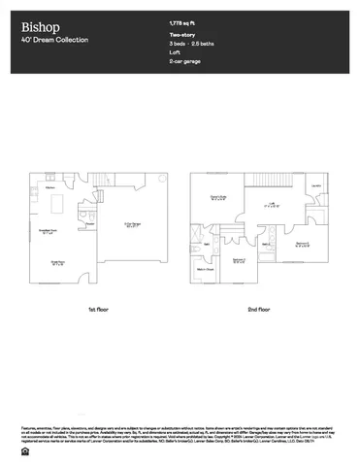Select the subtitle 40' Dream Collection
tap(54, 40)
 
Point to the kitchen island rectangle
tap(55, 204)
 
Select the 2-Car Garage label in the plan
tap(132, 224)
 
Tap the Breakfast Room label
tap(46, 230)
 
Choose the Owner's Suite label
tap(219, 198)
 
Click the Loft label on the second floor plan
tap(273, 204)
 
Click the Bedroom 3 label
tap(303, 243)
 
